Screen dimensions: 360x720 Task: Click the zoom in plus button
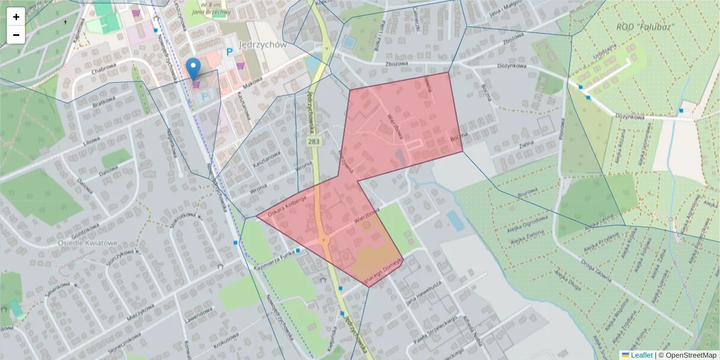[x=16, y=17]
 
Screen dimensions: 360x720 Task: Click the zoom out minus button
[x=16, y=35]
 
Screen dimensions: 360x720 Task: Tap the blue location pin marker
[x=193, y=68]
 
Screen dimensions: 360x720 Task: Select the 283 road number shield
[x=313, y=142]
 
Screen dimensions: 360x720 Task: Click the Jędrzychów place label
[x=263, y=44]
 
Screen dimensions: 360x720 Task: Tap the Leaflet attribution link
[x=641, y=355]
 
